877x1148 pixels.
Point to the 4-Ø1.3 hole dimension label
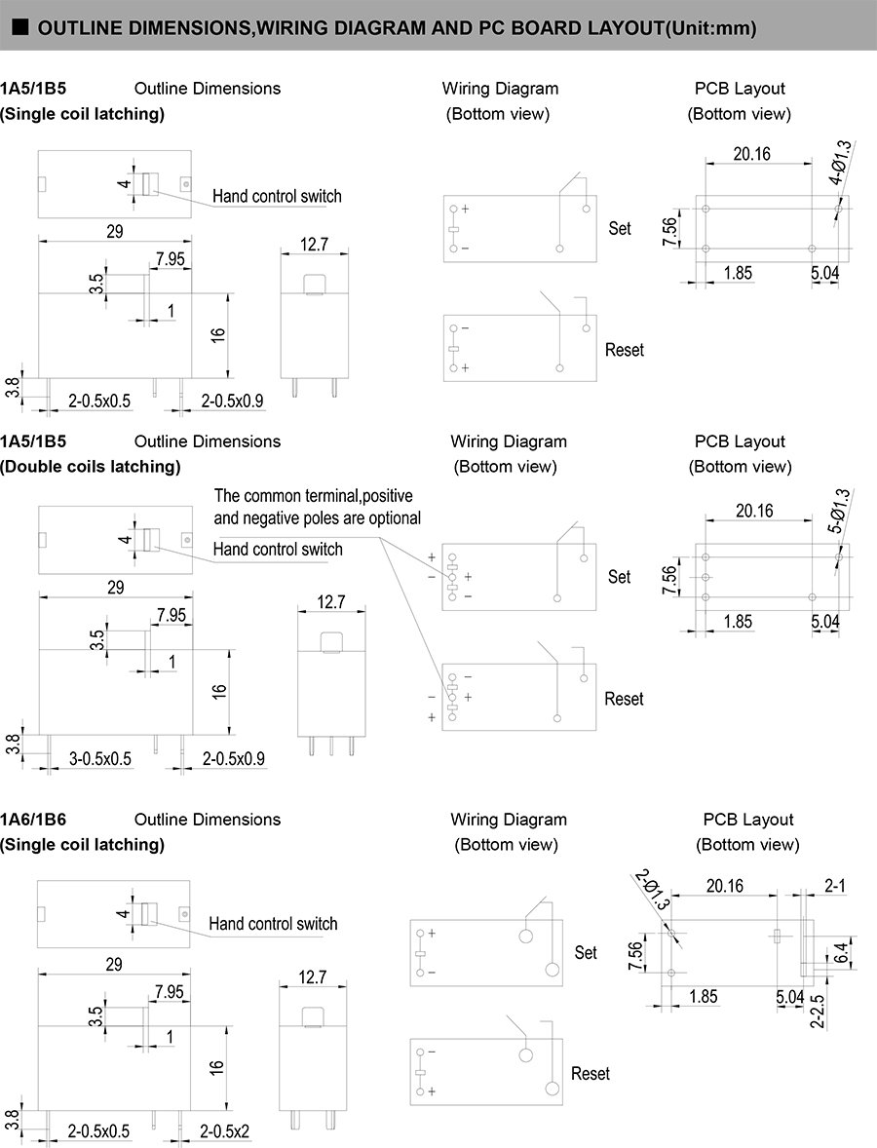pos(840,163)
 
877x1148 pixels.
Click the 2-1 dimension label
pos(834,886)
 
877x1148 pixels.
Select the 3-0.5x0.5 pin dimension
pos(100,758)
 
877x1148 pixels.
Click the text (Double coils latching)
pos(91,466)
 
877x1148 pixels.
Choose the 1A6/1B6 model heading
pos(33,820)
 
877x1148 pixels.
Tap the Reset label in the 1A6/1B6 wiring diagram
pos(591,1073)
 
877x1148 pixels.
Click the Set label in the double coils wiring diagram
pos(620,576)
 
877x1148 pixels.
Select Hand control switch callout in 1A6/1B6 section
pos(273,923)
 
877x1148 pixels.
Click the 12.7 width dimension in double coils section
pos(331,602)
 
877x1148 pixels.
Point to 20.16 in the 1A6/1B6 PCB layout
pos(724,886)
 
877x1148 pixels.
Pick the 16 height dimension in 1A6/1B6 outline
pos(218,1066)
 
